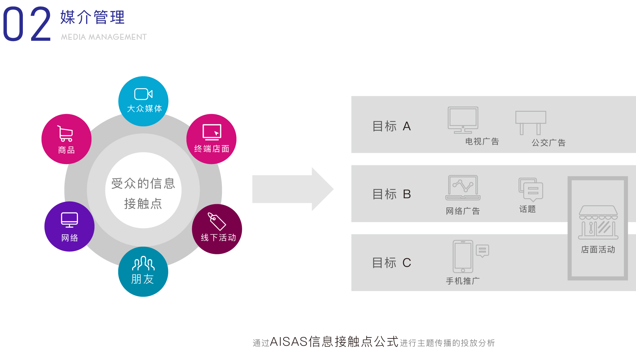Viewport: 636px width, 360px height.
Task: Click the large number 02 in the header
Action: (27, 24)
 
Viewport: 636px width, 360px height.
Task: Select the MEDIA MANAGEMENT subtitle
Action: (104, 37)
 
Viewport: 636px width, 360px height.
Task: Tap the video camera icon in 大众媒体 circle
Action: (143, 94)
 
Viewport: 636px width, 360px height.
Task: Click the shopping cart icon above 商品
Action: (65, 133)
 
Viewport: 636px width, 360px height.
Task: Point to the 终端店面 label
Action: (212, 149)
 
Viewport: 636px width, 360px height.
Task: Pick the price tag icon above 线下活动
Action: (217, 221)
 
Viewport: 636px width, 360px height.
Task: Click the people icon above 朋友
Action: (143, 264)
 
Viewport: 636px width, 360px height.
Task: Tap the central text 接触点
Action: (143, 204)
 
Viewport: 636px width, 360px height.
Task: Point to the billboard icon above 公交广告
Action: (530, 122)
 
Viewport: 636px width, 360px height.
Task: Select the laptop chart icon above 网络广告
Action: (463, 188)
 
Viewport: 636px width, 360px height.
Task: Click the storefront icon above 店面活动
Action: (598, 222)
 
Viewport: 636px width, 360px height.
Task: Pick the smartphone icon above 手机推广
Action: (463, 256)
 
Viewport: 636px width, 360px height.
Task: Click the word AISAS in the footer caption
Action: (289, 342)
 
